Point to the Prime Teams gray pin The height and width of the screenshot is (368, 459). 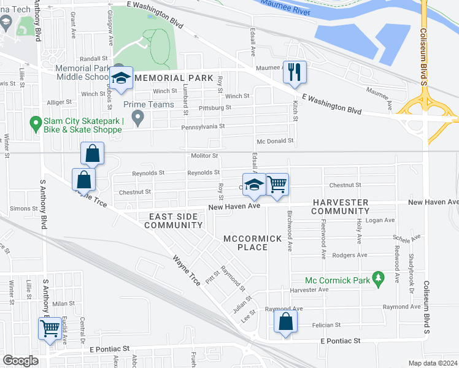coord(138,116)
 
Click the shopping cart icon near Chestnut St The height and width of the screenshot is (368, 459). coord(277,183)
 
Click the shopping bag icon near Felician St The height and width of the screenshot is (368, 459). coord(286,321)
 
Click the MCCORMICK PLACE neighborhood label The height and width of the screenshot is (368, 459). coord(253,242)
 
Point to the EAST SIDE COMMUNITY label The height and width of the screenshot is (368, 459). coord(173,221)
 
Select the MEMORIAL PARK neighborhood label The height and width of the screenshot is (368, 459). coord(174,78)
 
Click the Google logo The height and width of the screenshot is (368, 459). coord(20,361)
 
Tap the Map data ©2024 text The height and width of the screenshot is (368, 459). coord(433,363)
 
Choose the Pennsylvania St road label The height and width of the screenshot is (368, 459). coord(202,126)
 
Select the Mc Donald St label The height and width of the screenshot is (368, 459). coord(275,141)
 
